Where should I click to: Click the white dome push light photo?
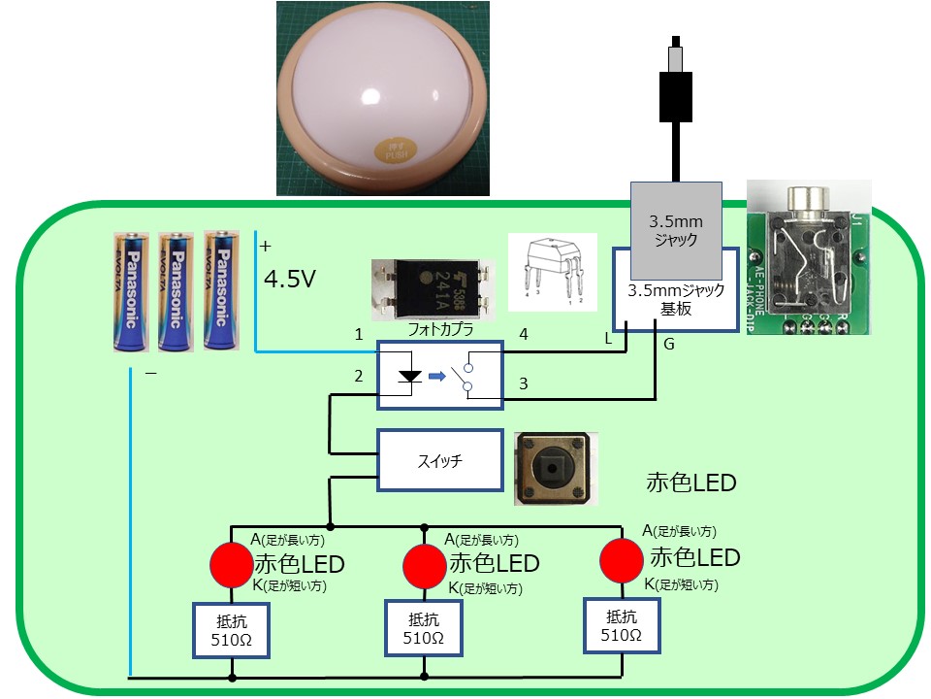382,97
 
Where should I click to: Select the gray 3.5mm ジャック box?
676,229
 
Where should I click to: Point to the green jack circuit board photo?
809,257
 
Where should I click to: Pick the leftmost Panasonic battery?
132,291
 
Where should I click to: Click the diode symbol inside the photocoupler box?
410,375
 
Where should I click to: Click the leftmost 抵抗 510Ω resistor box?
232,631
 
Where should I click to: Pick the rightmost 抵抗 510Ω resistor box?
621,625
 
